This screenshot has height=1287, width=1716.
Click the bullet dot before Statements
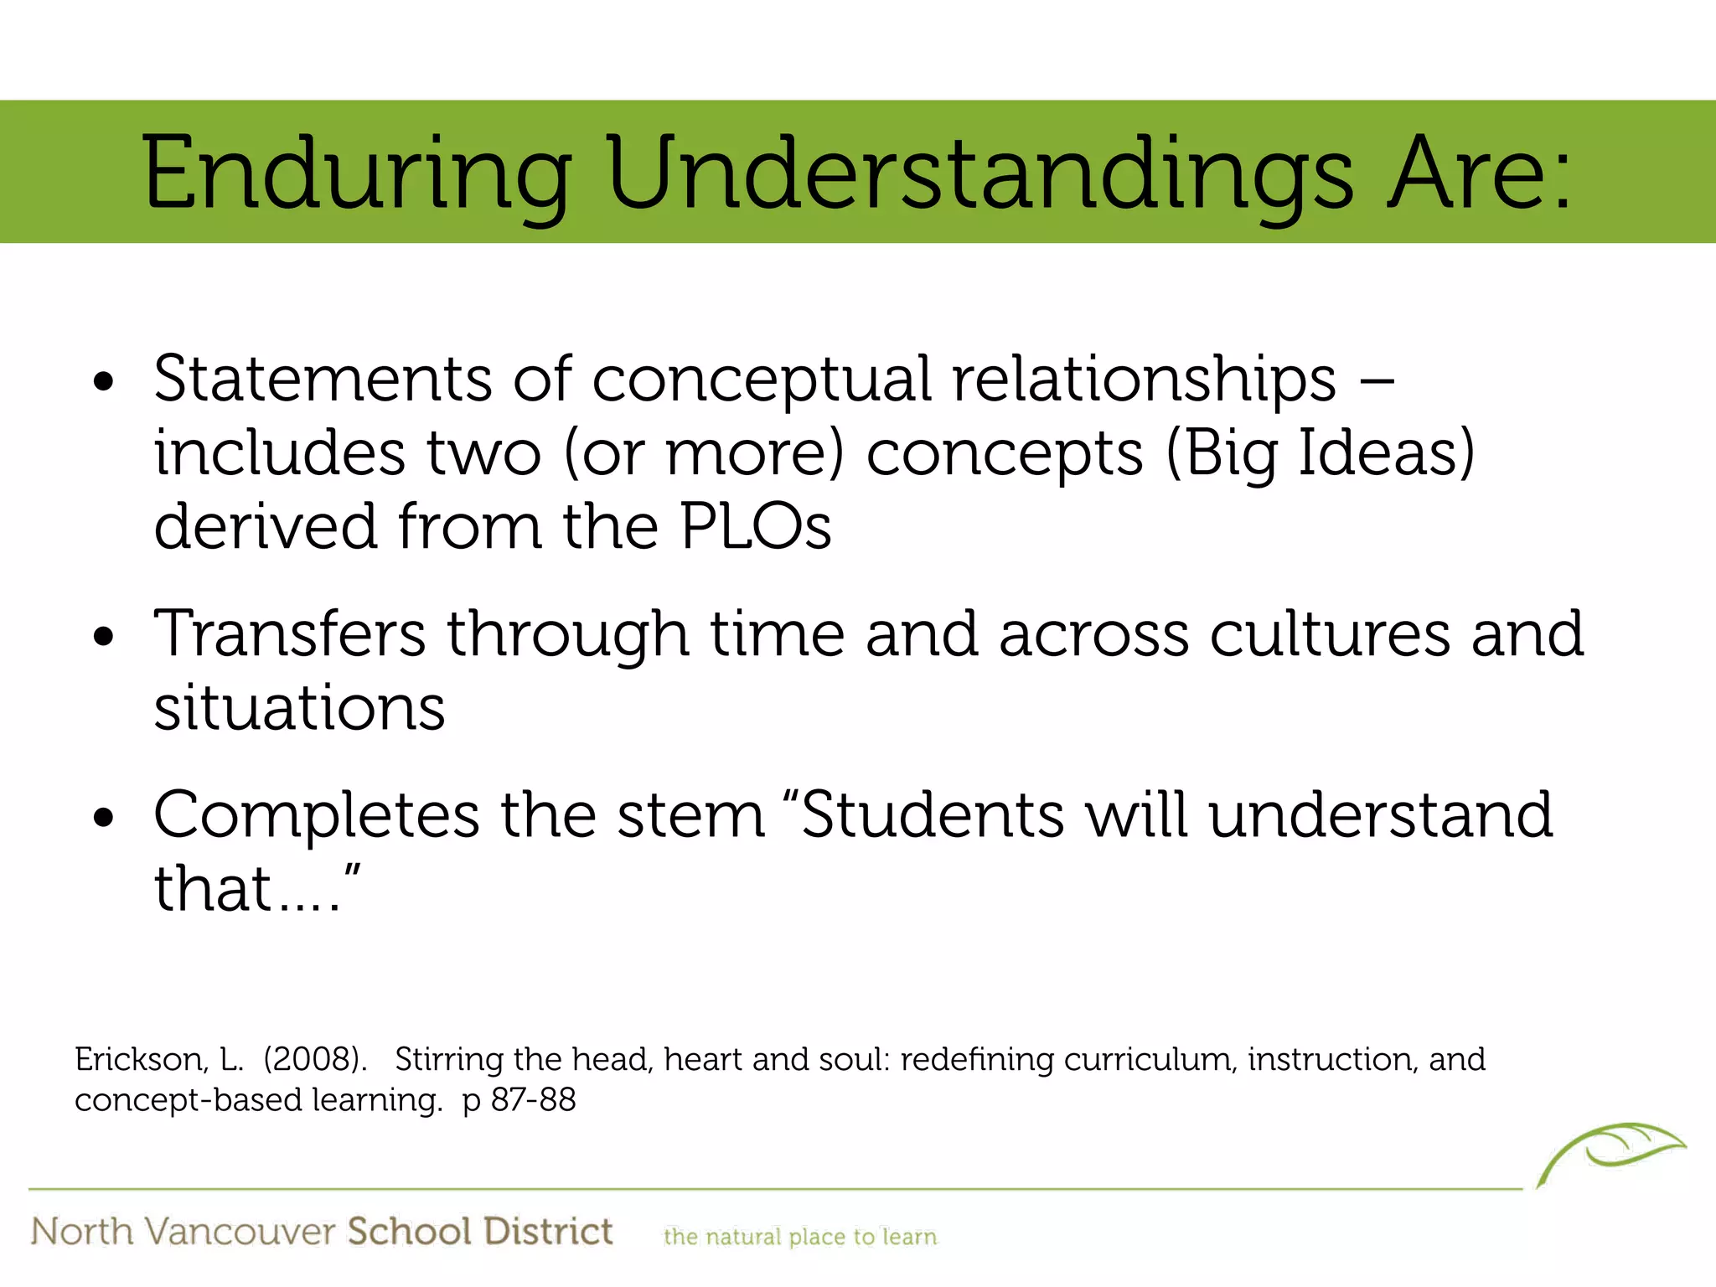[x=104, y=383]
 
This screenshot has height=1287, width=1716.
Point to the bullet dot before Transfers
[x=104, y=638]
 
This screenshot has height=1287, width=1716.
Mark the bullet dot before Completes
[x=104, y=819]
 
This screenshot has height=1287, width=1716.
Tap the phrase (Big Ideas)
[x=1320, y=453]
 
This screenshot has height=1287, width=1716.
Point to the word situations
[x=299, y=708]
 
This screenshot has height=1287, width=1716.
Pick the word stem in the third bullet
[x=691, y=815]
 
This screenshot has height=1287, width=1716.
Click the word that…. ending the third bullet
[x=256, y=889]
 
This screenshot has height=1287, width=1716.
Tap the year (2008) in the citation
[x=315, y=1060]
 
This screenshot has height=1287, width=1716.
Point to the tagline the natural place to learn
[x=799, y=1237]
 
